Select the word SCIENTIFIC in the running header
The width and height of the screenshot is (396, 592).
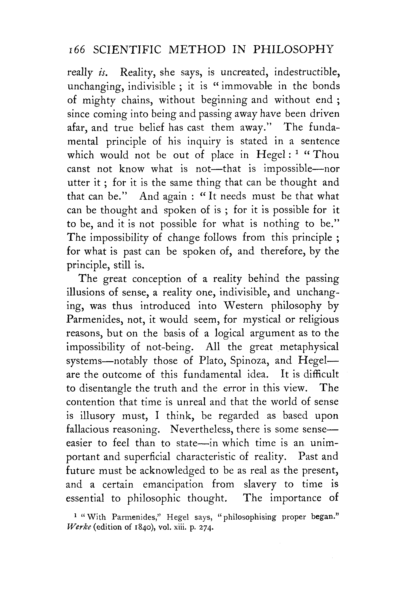127,50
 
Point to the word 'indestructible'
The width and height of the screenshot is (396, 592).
307,72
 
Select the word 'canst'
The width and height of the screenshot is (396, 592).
78,169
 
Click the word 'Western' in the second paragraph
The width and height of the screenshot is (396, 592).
244,306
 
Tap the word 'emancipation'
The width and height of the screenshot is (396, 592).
173,484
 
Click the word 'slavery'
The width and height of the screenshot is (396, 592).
260,484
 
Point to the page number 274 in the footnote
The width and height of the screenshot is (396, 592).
207,528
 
